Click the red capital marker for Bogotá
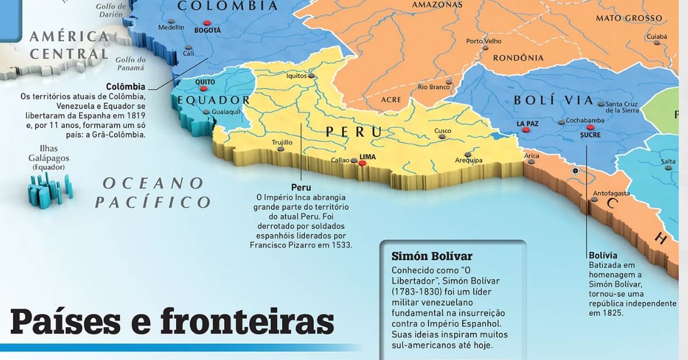(x=207, y=22)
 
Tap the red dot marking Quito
(x=203, y=89)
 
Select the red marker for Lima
(x=362, y=163)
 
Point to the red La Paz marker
(x=526, y=130)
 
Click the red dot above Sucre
(x=591, y=127)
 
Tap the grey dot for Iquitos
(x=311, y=75)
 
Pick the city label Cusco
(x=443, y=131)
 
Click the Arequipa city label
(x=468, y=161)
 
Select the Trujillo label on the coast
(x=282, y=142)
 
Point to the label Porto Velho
(x=483, y=41)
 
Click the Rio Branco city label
(x=434, y=87)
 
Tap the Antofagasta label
(x=611, y=193)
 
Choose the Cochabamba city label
(x=585, y=121)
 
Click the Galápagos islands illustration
(x=50, y=189)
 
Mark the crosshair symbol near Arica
(x=575, y=170)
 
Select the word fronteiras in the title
(x=247, y=322)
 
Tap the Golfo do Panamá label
(x=131, y=64)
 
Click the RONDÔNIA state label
(x=518, y=57)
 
